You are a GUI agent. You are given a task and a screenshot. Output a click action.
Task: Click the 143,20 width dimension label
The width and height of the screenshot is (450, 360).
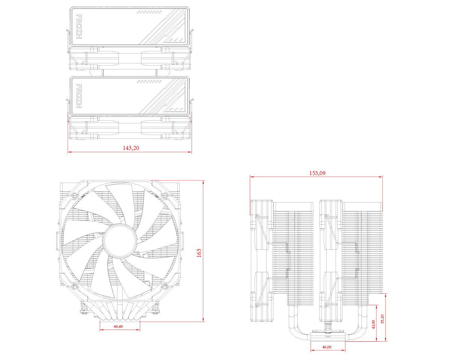tap(131, 148)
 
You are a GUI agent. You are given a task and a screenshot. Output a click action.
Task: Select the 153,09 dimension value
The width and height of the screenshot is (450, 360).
tap(317, 173)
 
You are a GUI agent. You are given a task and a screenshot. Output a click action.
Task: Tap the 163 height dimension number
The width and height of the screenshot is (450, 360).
tap(199, 253)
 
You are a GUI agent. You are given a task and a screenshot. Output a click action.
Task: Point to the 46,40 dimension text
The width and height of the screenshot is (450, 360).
tap(118, 326)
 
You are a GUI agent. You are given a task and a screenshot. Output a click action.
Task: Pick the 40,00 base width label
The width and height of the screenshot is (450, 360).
tap(327, 347)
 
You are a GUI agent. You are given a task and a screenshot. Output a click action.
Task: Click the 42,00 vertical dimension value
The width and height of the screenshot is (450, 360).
tap(373, 324)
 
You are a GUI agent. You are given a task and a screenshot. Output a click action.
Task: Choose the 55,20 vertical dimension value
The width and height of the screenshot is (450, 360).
tap(382, 319)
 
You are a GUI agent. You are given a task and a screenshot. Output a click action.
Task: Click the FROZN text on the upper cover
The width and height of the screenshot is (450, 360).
tap(79, 27)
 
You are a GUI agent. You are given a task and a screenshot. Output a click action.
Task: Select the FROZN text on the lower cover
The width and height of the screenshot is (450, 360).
tap(79, 96)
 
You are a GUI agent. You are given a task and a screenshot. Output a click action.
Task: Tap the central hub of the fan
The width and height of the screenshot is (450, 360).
tap(120, 240)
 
